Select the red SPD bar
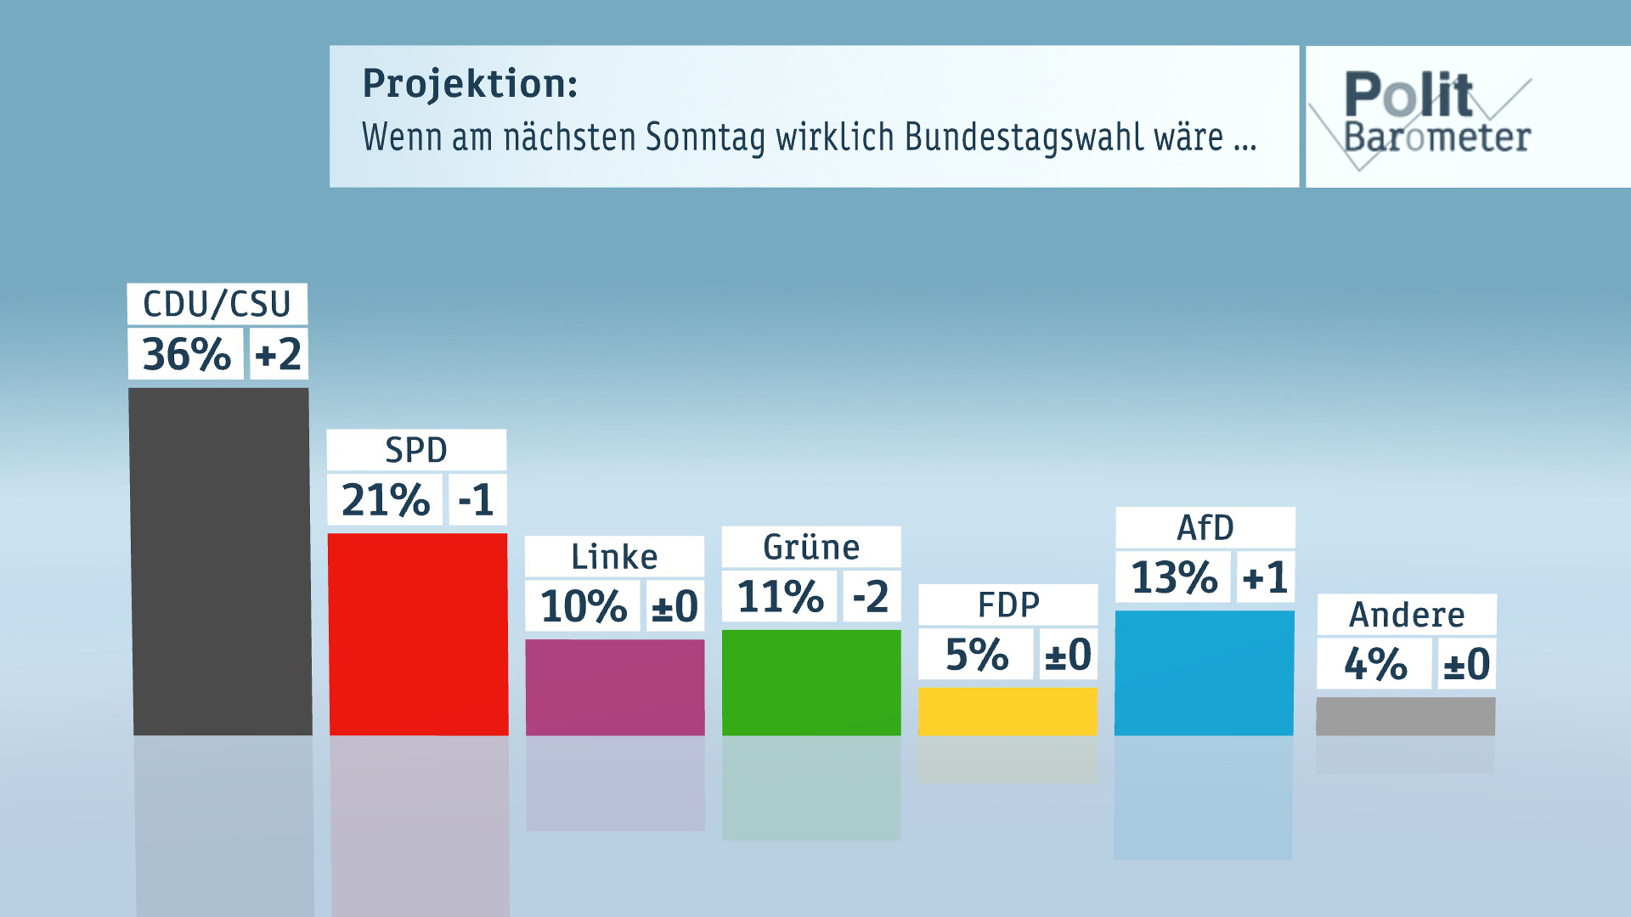pos(418,634)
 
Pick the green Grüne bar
pos(811,682)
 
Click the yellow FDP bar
pos(1007,711)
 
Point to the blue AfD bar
pos(1204,673)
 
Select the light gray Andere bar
pos(1406,716)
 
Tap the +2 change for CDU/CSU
pos(278,354)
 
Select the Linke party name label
pos(614,557)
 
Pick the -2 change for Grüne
pos(871,596)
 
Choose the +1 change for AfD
pos(1265,577)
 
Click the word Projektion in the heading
pos(469,84)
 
